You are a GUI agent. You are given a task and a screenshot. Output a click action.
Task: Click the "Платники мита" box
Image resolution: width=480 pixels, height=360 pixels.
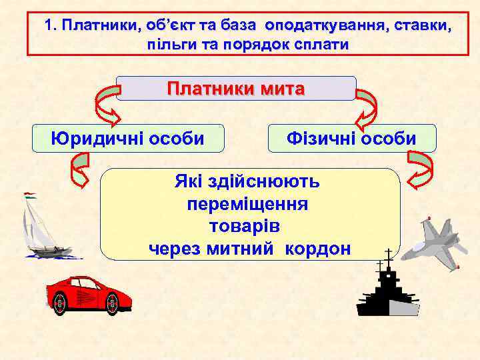[236, 89]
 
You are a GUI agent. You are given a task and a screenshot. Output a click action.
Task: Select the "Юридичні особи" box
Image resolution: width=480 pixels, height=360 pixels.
[128, 139]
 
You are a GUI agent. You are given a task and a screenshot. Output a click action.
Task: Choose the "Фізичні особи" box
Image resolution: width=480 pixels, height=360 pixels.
[351, 139]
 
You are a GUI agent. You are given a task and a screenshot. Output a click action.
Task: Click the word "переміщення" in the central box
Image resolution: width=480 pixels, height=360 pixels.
[248, 203]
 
